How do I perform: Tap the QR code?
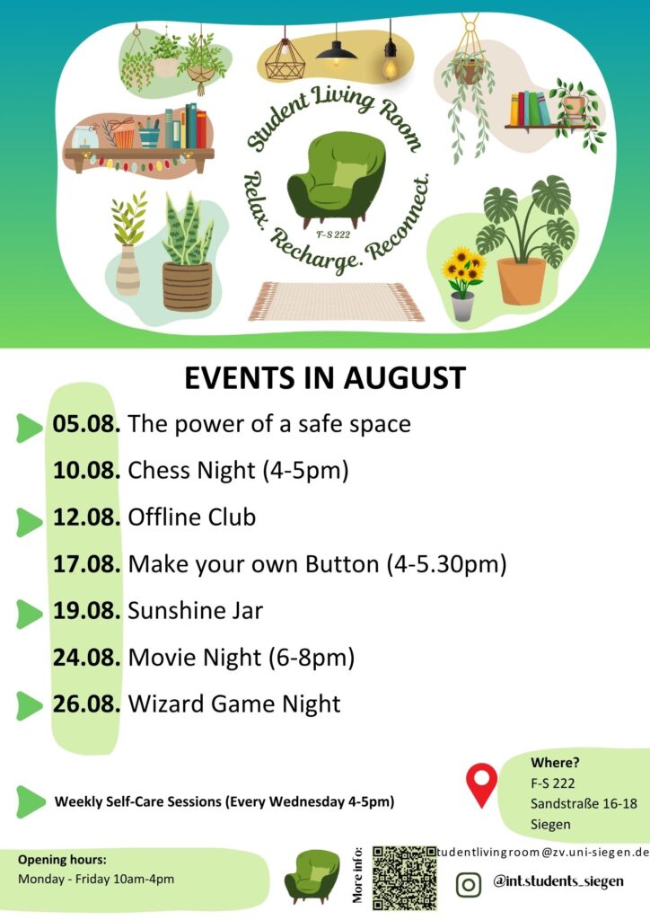404,878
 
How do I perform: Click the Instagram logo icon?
469,884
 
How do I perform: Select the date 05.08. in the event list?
86,424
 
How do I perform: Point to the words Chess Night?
191,470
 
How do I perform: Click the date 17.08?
87,564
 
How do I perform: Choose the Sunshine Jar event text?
195,610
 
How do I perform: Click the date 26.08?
86,703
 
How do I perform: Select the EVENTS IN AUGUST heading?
325,378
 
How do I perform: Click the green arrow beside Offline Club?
29,522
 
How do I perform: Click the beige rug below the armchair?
336,301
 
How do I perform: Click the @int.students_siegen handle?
558,880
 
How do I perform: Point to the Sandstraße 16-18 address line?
584,803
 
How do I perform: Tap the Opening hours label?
62,860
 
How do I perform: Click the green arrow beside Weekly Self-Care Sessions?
31,801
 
